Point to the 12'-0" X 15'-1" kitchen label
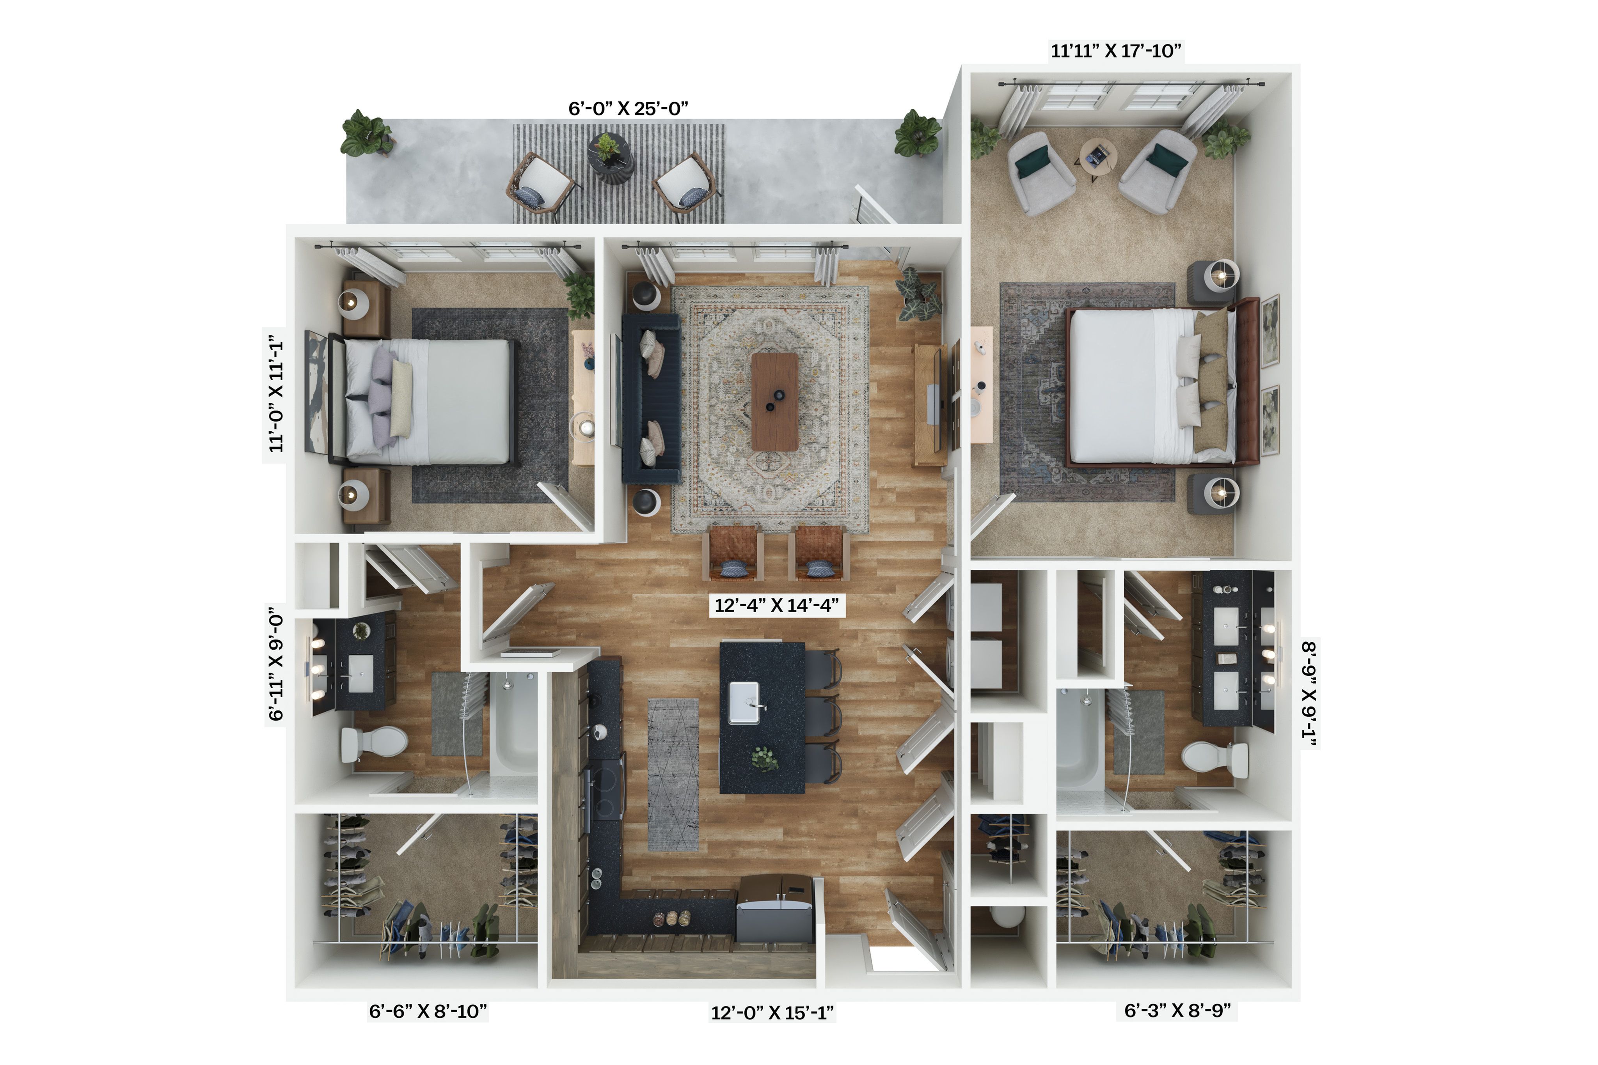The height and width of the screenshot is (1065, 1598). [772, 1013]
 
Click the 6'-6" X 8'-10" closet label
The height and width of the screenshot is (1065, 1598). [428, 1011]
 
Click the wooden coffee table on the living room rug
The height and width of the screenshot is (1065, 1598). [775, 401]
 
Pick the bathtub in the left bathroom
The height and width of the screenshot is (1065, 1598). [514, 724]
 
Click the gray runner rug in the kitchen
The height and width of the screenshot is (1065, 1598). [673, 774]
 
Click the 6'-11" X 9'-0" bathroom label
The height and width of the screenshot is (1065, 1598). [275, 664]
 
